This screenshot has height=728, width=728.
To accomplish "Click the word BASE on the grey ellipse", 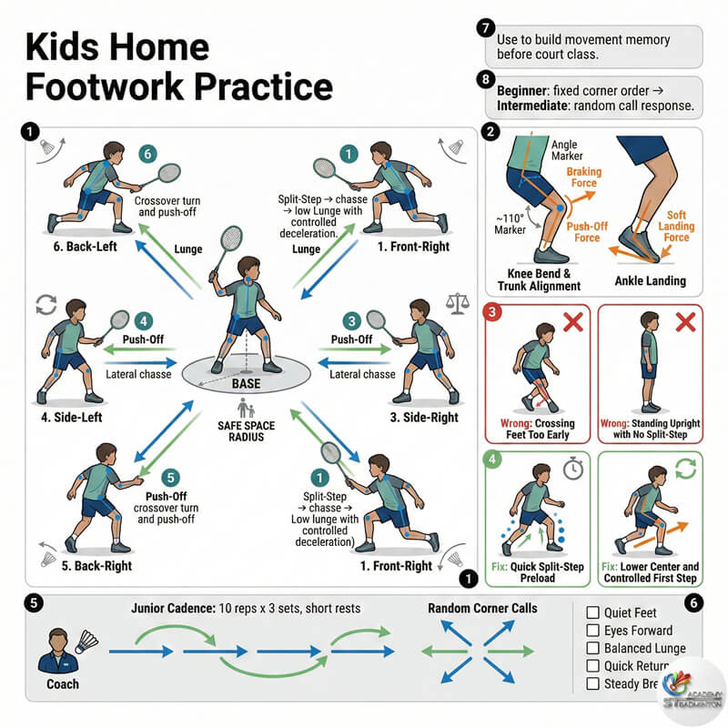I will (246, 383).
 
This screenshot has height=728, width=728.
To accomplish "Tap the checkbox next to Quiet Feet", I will (592, 612).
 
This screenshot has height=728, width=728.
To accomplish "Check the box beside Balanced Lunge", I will (592, 649).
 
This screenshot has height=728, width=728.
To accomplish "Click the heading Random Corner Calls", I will (482, 609).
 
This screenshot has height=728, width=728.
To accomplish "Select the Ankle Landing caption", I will (652, 279).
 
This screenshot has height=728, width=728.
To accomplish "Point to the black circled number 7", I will (485, 29).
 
